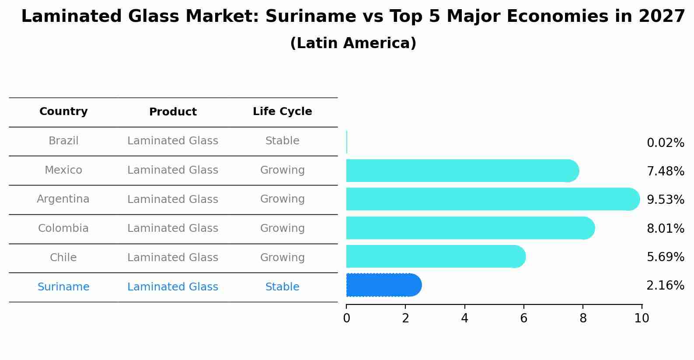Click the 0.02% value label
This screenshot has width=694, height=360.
pyautogui.click(x=665, y=143)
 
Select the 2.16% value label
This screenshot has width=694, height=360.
pyautogui.click(x=665, y=286)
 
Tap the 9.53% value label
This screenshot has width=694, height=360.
pyautogui.click(x=665, y=200)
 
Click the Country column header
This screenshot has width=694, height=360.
pyautogui.click(x=63, y=112)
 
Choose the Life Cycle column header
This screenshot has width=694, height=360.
pyautogui.click(x=282, y=112)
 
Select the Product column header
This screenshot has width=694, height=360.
pyautogui.click(x=173, y=112)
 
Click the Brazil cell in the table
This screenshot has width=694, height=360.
pyautogui.click(x=63, y=141)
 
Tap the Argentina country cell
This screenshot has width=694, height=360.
pyautogui.click(x=63, y=199)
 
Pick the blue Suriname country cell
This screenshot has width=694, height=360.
pyautogui.click(x=63, y=287)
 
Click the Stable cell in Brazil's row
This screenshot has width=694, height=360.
pyautogui.click(x=282, y=141)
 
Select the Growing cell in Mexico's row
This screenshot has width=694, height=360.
pyautogui.click(x=282, y=170)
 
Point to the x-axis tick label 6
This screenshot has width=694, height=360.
pyautogui.click(x=523, y=318)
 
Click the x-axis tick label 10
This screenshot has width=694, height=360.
pyautogui.click(x=642, y=318)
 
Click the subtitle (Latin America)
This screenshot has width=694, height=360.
pyautogui.click(x=353, y=43)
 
